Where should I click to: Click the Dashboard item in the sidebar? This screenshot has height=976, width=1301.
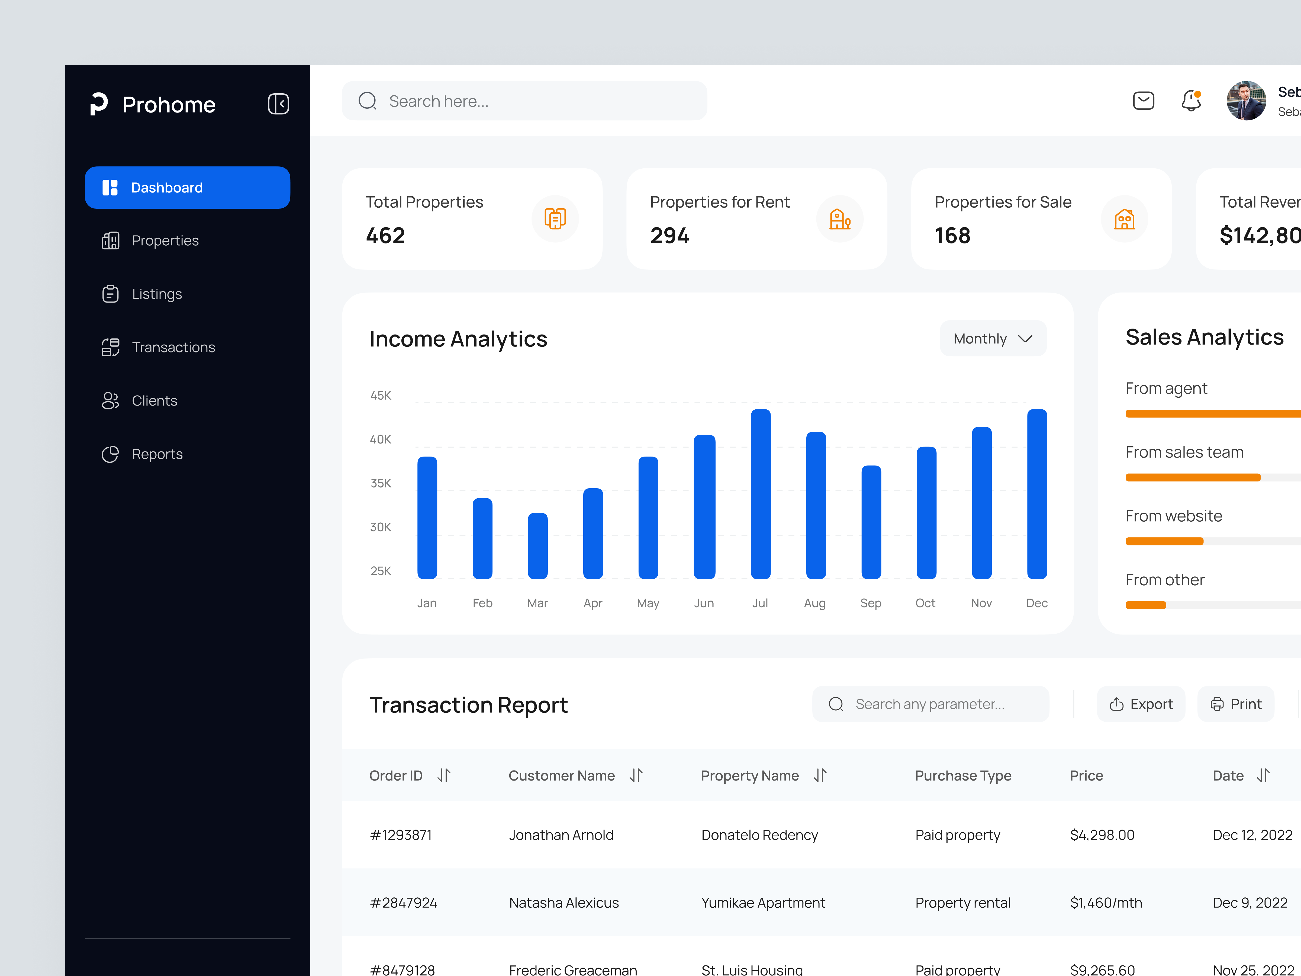pos(187,188)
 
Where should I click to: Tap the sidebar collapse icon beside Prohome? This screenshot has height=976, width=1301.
pos(278,104)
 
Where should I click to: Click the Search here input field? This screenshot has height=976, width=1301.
pos(523,101)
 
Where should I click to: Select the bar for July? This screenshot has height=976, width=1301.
pos(761,494)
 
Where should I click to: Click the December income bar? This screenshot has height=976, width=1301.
pos(1037,494)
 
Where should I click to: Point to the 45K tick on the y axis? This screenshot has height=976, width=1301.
pos(381,395)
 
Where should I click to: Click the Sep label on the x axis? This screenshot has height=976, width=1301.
pos(871,603)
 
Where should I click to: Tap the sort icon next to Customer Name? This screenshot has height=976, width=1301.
pos(636,775)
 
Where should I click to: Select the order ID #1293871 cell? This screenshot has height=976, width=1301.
pos(401,835)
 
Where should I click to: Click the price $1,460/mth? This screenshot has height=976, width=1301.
pos(1106,903)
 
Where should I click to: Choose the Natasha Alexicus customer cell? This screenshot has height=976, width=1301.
pos(563,903)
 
